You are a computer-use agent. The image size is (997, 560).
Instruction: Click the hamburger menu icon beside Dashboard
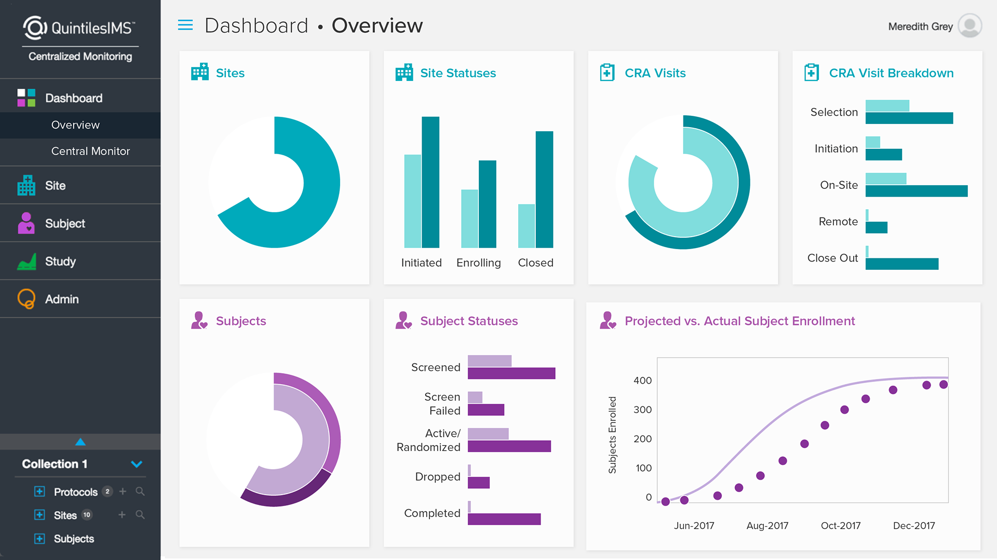[185, 25]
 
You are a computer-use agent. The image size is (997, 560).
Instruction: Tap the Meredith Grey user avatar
[969, 26]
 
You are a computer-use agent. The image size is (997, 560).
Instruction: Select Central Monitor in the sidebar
[90, 151]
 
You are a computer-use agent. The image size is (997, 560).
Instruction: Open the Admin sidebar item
[62, 299]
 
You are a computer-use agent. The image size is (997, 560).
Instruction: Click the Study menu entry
[60, 262]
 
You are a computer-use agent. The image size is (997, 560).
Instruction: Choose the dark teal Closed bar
[544, 189]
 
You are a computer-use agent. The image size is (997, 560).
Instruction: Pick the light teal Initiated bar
[413, 201]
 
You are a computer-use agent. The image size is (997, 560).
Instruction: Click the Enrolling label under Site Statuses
[478, 263]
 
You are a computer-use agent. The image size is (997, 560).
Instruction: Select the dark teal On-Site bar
[916, 191]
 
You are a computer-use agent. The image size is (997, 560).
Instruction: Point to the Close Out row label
[832, 258]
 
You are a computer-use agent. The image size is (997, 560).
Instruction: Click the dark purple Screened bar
[511, 373]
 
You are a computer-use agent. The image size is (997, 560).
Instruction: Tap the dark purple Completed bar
[504, 519]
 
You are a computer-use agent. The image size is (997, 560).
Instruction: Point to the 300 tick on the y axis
[642, 409]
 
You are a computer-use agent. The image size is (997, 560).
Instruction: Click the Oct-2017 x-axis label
[840, 525]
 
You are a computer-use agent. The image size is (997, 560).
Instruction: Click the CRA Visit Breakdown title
[891, 73]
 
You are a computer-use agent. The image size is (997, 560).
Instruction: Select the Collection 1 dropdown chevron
[137, 464]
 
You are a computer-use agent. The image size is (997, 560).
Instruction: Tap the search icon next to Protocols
[140, 491]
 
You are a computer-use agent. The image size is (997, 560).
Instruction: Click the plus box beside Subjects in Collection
[39, 538]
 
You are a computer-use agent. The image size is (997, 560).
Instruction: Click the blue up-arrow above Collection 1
[80, 442]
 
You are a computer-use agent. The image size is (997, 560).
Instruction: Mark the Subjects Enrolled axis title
[612, 435]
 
